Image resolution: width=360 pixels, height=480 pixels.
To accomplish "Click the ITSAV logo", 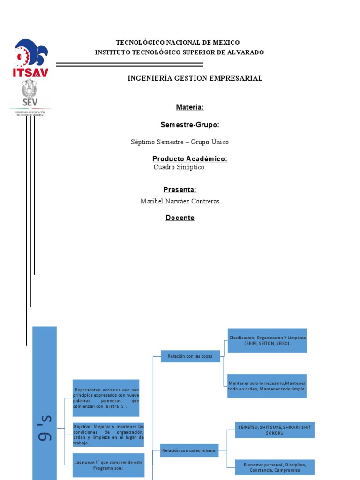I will (x=31, y=58).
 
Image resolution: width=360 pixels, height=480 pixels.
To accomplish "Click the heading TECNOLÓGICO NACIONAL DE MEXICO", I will (x=178, y=43).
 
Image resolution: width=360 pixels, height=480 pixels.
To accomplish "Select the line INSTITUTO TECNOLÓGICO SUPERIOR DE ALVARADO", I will (x=179, y=52).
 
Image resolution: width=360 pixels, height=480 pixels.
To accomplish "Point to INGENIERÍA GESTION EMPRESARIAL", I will (x=195, y=78).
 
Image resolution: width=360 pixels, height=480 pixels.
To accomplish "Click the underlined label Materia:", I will (x=189, y=107).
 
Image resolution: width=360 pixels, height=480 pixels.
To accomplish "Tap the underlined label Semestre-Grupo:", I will (x=190, y=125).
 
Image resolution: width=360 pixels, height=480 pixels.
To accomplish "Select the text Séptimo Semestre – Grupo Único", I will (x=180, y=142).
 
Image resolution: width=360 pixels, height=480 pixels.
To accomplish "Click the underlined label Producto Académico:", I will (x=189, y=159).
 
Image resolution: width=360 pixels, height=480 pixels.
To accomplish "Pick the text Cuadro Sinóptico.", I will (x=179, y=167).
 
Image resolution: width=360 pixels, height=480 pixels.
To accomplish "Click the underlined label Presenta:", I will (x=180, y=189).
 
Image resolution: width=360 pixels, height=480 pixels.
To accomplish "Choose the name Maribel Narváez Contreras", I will (x=180, y=201).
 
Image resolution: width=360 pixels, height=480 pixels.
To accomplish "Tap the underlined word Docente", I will (x=180, y=218).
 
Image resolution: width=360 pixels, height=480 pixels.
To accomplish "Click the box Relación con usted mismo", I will (x=188, y=451).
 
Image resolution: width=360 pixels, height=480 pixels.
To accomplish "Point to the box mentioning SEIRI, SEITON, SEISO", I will (x=267, y=340).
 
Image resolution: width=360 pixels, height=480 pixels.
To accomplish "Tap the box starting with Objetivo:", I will (x=108, y=434).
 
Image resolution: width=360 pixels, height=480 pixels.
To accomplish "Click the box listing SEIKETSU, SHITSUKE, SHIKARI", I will (x=274, y=430).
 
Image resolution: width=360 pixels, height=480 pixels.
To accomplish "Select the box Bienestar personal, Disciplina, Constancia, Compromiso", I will (x=275, y=467).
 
